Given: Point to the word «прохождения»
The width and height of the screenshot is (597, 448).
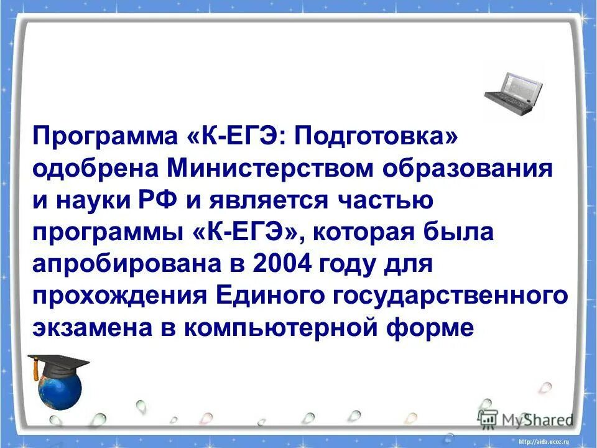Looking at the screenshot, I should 119,296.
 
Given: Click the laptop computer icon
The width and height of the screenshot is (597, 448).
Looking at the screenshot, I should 514,93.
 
